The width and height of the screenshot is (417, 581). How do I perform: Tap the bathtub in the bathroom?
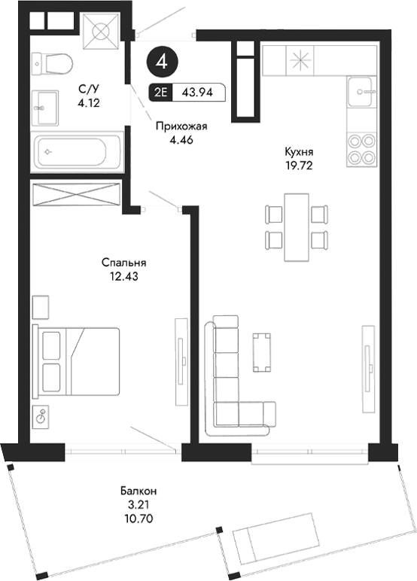[x=76, y=151]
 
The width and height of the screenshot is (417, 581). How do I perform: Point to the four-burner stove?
[x=361, y=149]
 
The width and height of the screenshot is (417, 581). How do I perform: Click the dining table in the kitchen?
[x=297, y=226]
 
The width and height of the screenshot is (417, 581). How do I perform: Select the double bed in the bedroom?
[x=76, y=361]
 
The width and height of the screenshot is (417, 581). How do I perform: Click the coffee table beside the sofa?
[x=262, y=351]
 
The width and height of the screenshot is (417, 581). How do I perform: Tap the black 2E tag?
[x=160, y=93]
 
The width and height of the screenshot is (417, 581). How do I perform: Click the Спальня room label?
[x=124, y=263]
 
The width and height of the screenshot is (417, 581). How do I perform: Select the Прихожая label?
[x=181, y=127]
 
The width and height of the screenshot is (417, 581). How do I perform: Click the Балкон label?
[x=138, y=492]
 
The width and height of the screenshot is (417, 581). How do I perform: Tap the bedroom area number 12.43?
[x=124, y=276]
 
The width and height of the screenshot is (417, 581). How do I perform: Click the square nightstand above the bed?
[x=41, y=307]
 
